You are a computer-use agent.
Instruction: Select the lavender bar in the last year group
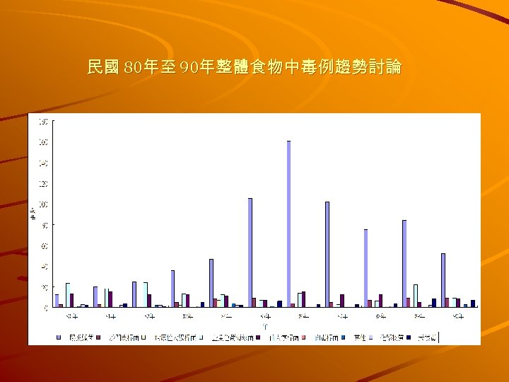443,280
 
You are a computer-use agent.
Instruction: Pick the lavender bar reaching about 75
365,268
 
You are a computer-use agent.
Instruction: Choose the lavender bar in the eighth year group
327,254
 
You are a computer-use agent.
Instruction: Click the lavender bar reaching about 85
404,263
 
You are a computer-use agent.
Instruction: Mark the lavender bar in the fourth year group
172,289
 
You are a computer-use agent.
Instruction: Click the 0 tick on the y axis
46,308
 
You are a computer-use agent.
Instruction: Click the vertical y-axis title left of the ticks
32,212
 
